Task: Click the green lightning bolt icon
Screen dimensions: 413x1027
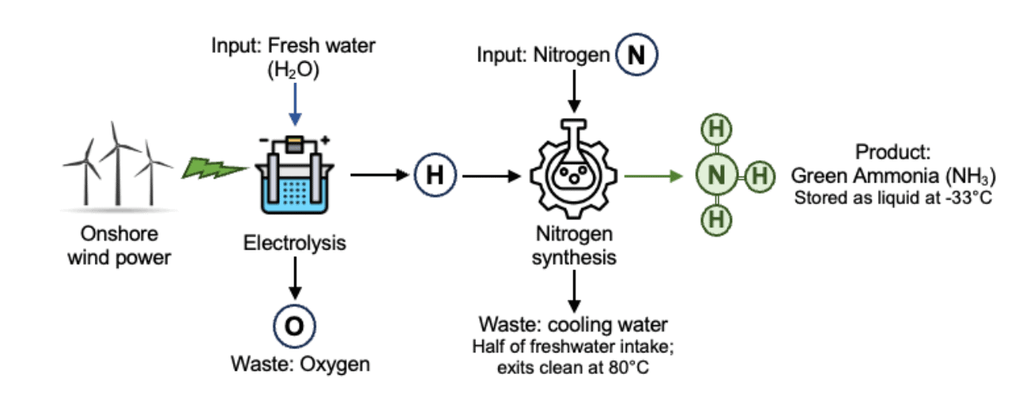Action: [214, 168]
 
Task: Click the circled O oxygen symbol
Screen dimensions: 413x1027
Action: [295, 327]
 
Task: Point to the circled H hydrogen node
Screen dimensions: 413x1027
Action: [434, 174]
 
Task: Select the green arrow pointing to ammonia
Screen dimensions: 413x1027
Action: [654, 175]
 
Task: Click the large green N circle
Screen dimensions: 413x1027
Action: [714, 175]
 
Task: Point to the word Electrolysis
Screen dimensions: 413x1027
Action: [295, 242]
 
